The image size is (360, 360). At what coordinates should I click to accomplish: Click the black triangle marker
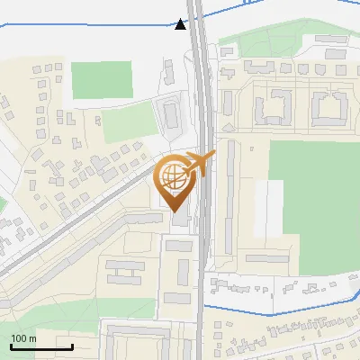click(x=182, y=24)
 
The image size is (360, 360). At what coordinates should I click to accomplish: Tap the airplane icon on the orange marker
click(x=200, y=163)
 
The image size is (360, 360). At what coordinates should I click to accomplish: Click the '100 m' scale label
click(x=24, y=338)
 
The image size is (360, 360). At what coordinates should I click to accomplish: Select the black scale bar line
click(x=41, y=347)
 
